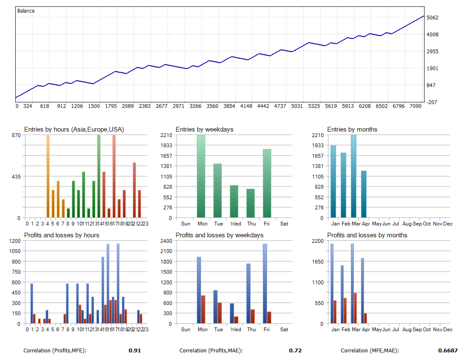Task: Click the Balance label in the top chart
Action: click(26, 11)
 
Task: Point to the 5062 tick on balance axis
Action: click(433, 18)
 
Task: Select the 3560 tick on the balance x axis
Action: click(213, 106)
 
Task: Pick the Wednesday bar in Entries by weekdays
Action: click(234, 201)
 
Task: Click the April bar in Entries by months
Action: click(364, 194)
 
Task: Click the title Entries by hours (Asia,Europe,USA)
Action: click(74, 129)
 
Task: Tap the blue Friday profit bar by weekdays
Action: click(265, 283)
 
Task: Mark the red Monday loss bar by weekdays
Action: click(203, 309)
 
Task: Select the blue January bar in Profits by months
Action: click(332, 283)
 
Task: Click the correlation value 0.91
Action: click(135, 351)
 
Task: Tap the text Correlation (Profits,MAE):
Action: click(211, 351)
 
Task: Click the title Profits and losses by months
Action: click(367, 235)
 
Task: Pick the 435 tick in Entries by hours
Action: click(15, 176)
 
